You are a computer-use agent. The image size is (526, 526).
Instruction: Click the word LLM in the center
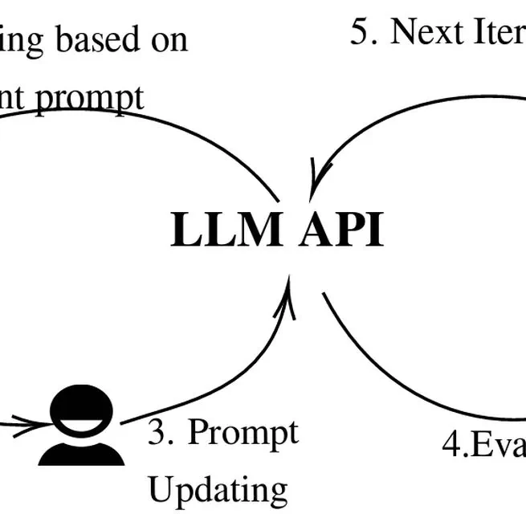click(x=226, y=230)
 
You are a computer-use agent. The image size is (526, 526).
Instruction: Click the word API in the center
click(x=342, y=230)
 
